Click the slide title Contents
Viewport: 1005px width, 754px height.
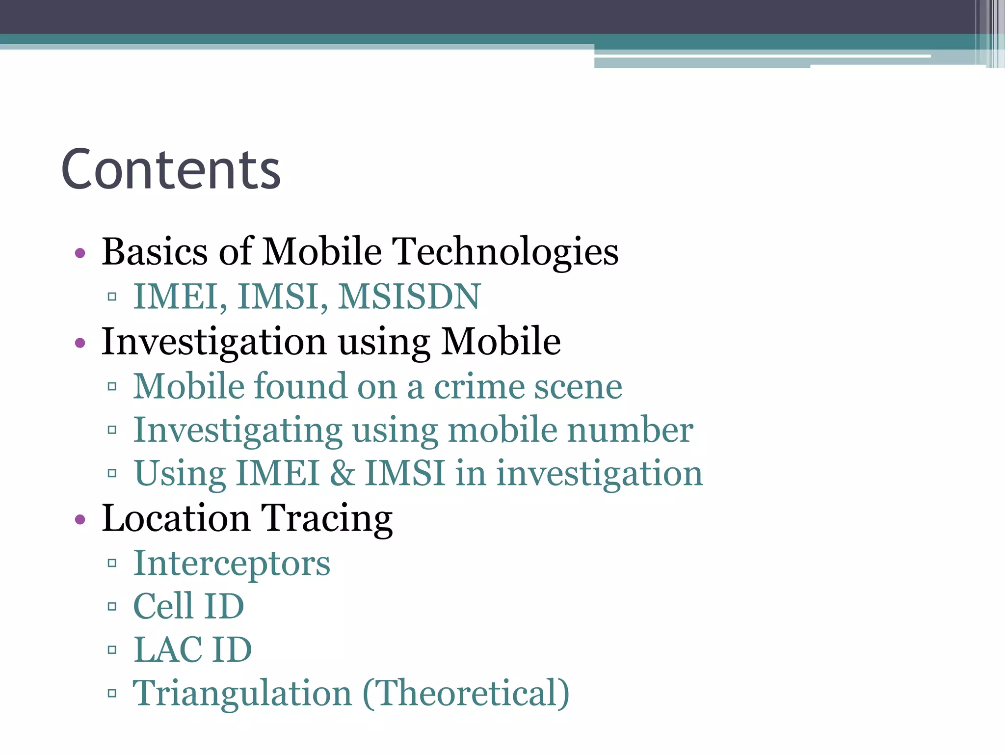tap(171, 169)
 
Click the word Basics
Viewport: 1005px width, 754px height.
tap(155, 251)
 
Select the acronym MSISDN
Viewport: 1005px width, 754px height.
tap(409, 297)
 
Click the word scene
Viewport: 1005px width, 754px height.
tap(578, 387)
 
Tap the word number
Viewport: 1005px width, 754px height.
tap(630, 431)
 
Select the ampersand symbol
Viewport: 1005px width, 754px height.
tap(343, 474)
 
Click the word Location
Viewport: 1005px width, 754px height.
tap(176, 518)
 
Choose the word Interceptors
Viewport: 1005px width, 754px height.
tap(232, 564)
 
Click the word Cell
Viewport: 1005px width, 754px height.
tap(163, 607)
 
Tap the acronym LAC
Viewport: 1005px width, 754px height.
tap(167, 650)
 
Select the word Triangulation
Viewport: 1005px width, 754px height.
tap(242, 694)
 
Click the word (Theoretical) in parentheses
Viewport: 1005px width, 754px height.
tap(466, 694)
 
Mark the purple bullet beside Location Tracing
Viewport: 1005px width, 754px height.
tap(80, 520)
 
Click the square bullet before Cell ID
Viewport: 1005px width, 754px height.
tap(112, 607)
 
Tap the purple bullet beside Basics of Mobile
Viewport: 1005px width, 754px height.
tap(80, 254)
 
